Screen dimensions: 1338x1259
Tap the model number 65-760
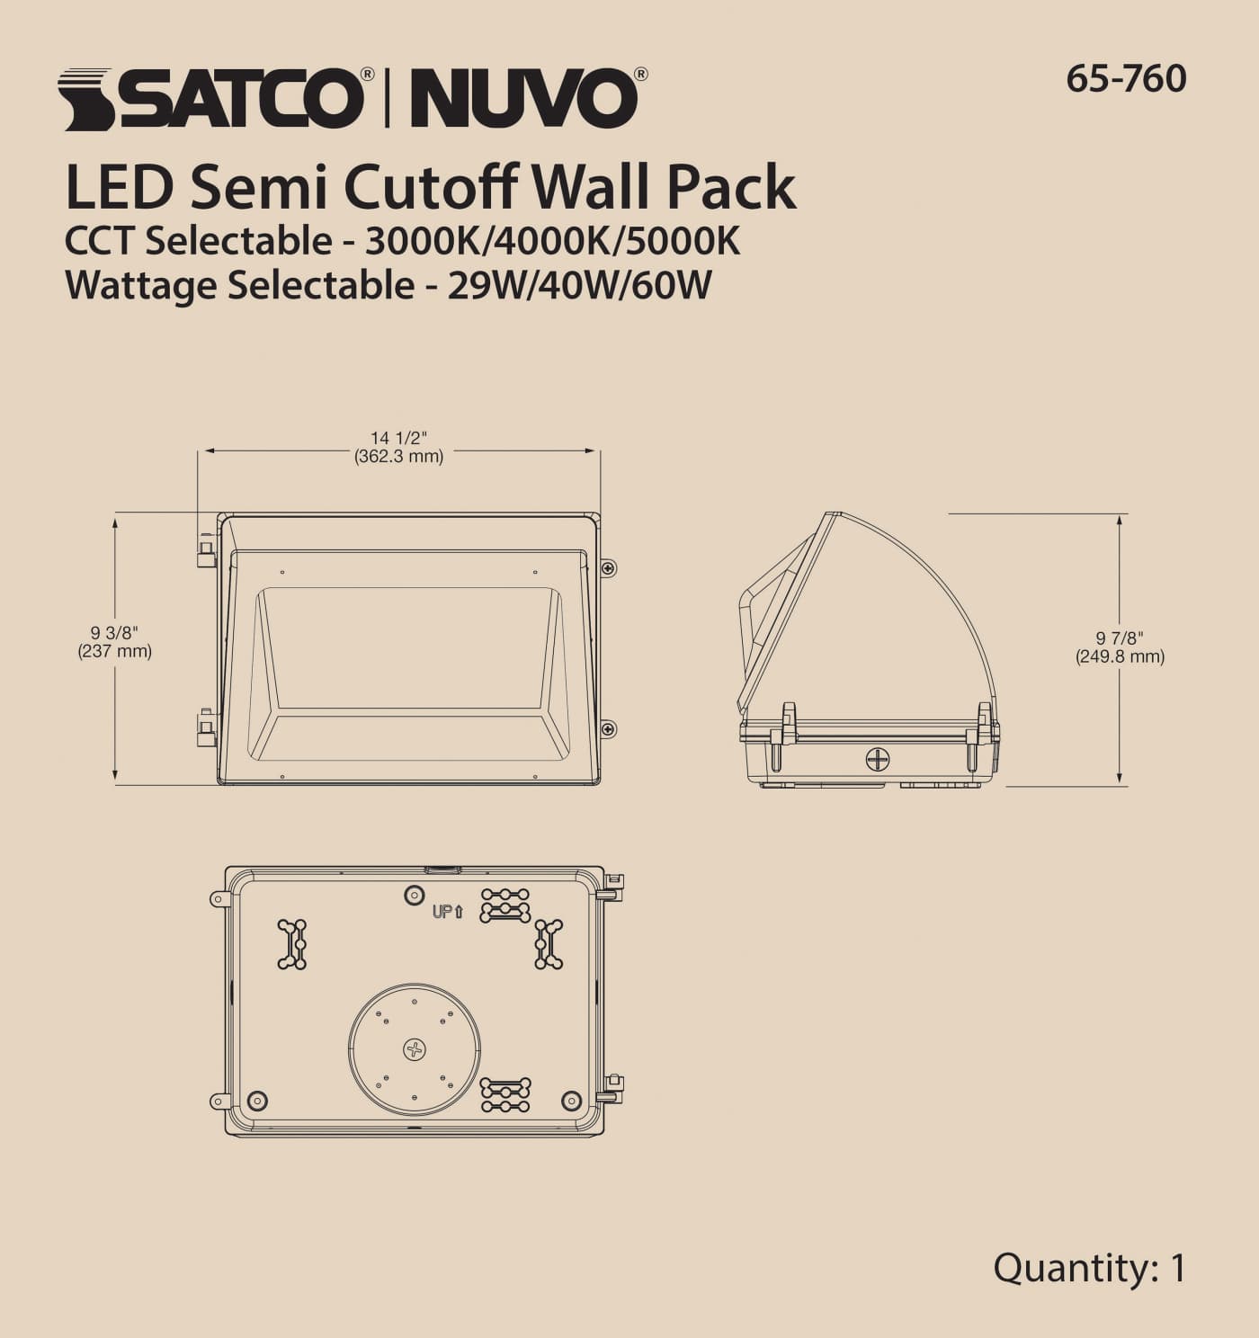coord(1126,79)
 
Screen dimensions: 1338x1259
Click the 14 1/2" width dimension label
coord(398,438)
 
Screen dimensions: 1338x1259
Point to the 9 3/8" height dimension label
coord(114,634)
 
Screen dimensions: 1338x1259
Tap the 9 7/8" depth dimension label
coord(1120,638)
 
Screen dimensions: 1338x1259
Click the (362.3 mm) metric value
coord(398,456)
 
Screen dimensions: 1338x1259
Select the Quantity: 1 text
coord(1089,1268)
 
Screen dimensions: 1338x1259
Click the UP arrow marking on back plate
coord(447,912)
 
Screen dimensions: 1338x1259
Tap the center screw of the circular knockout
coord(414,1048)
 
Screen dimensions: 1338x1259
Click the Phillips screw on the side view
coord(877,759)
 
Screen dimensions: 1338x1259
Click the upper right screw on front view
coord(609,567)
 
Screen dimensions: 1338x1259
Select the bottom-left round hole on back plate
coord(257,1100)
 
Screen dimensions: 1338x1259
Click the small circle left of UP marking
coord(414,895)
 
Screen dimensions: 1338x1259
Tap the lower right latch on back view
coord(611,1088)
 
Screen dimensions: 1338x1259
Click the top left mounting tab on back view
coord(219,898)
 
